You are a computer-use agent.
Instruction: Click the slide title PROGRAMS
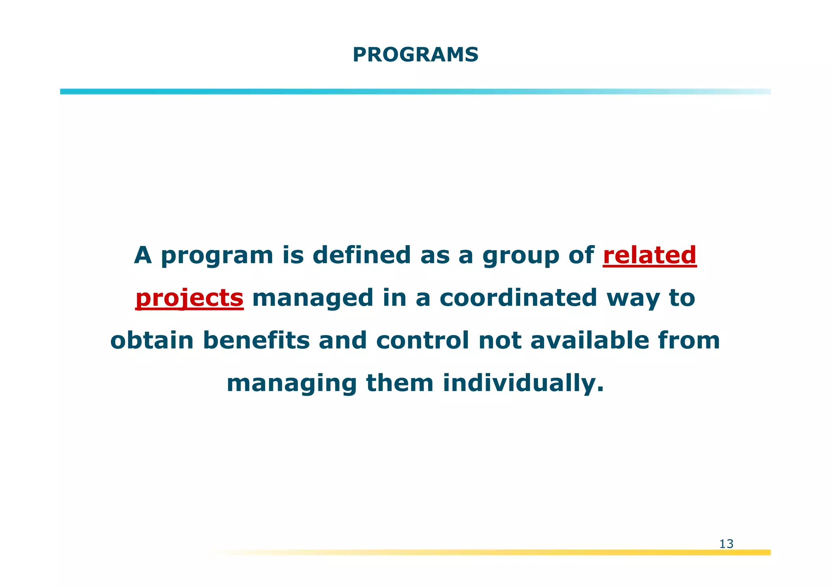tap(415, 55)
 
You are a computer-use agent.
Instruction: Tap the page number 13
tap(726, 544)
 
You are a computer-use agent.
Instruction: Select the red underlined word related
tap(650, 255)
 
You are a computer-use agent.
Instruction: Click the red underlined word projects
tap(189, 298)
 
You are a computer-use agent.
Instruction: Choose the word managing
tap(292, 384)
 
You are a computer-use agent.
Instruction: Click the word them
tap(400, 383)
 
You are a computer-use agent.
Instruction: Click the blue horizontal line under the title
tap(415, 92)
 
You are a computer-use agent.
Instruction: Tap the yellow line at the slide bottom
tap(527, 552)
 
